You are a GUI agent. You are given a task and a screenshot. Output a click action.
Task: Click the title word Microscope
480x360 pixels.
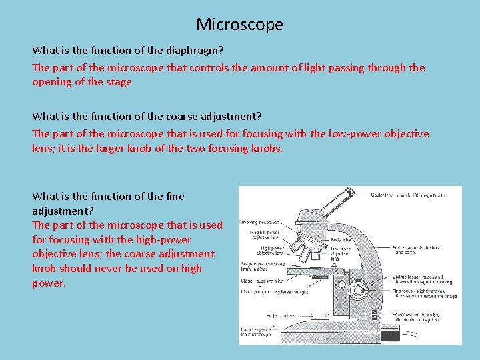239,25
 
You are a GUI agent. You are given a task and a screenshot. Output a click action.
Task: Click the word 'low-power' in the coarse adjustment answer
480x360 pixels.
356,133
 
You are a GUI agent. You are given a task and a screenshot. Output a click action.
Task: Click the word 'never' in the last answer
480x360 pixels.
125,268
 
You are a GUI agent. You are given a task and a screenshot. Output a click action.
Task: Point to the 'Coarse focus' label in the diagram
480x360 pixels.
408,276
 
